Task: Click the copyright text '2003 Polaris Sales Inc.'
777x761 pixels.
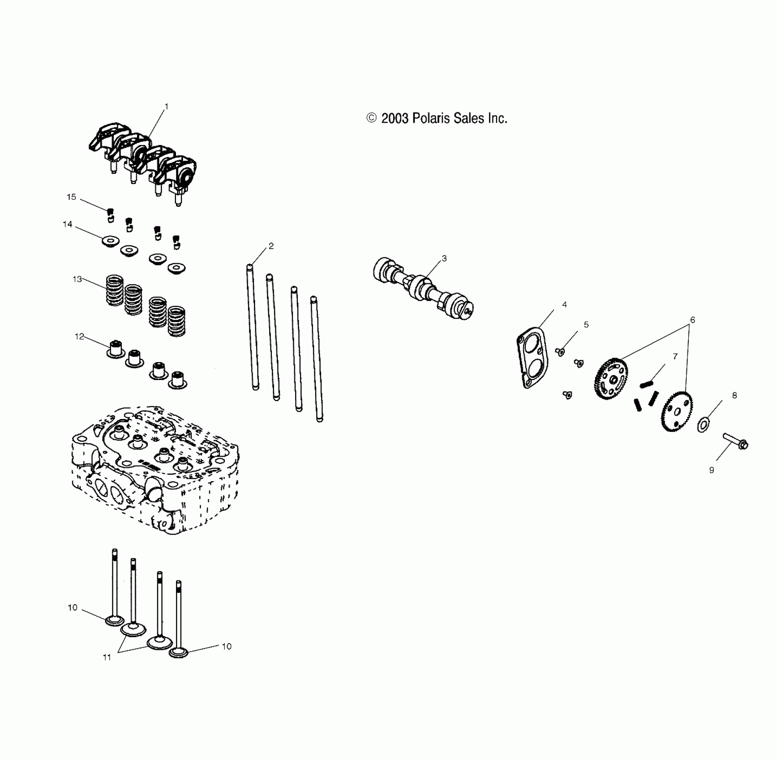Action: pos(444,118)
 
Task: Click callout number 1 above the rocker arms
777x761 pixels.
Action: pos(167,107)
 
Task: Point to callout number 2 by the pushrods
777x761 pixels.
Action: pos(271,246)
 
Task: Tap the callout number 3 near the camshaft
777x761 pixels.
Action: pos(444,258)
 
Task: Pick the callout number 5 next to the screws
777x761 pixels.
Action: pos(586,325)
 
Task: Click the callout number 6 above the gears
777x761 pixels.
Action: pos(692,320)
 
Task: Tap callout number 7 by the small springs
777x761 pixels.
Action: pos(675,356)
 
